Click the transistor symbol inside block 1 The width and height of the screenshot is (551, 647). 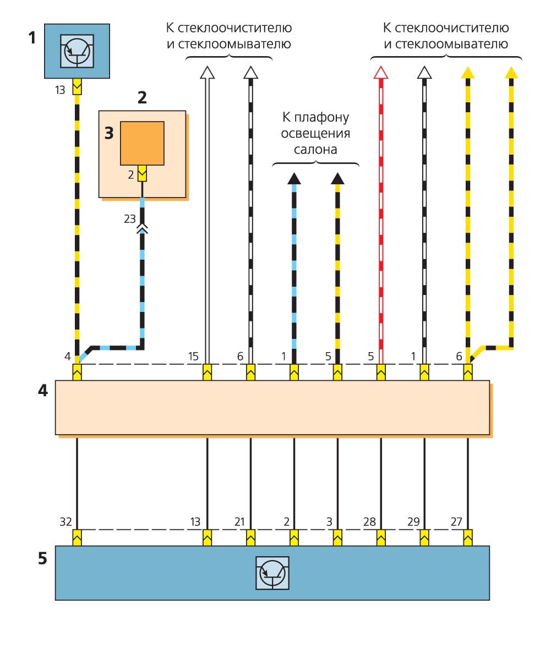pyautogui.click(x=78, y=50)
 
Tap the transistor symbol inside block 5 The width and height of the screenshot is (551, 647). pyautogui.click(x=272, y=573)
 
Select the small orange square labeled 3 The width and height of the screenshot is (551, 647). pyautogui.click(x=143, y=143)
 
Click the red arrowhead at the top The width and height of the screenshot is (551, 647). pyautogui.click(x=380, y=72)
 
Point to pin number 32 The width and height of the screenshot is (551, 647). pyautogui.click(x=67, y=521)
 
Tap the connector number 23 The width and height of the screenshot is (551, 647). pyautogui.click(x=129, y=218)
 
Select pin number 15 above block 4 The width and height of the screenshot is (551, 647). pyautogui.click(x=193, y=357)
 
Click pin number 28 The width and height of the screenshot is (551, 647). pyautogui.click(x=369, y=521)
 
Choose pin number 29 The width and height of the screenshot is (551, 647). pyautogui.click(x=413, y=521)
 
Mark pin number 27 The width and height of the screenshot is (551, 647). pyautogui.click(x=456, y=521)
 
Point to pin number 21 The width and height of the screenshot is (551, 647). pyautogui.click(x=239, y=521)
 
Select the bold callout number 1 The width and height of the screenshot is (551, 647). pyautogui.click(x=32, y=38)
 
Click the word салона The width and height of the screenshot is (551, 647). pyautogui.click(x=316, y=149)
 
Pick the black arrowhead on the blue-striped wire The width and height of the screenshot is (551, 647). pyautogui.click(x=293, y=178)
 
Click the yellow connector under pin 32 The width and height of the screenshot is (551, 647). pyautogui.click(x=77, y=536)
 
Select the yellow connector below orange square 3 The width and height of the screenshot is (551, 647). pyautogui.click(x=143, y=174)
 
